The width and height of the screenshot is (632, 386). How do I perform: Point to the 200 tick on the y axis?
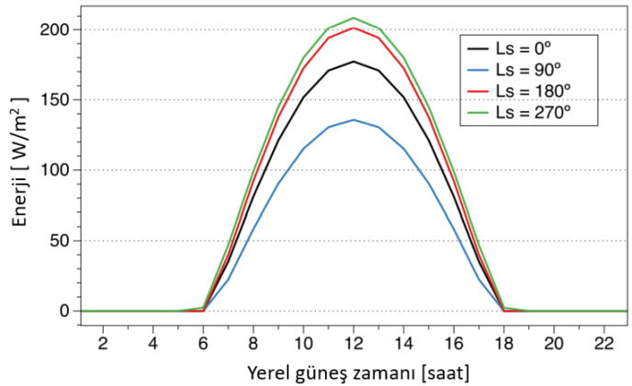pos(54,29)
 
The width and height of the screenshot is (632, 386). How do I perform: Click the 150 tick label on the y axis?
pos(54,100)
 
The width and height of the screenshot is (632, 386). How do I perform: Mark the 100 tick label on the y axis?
pos(54,170)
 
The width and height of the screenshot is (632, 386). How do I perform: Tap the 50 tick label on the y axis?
pos(58,241)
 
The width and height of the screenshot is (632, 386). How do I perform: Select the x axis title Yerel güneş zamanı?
pos(354,372)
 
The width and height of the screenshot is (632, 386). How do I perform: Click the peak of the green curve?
pos(354,18)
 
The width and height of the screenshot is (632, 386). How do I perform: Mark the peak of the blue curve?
pos(354,119)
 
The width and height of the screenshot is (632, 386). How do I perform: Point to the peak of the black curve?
pos(354,62)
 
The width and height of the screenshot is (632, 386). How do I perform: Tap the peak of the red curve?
pos(354,28)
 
